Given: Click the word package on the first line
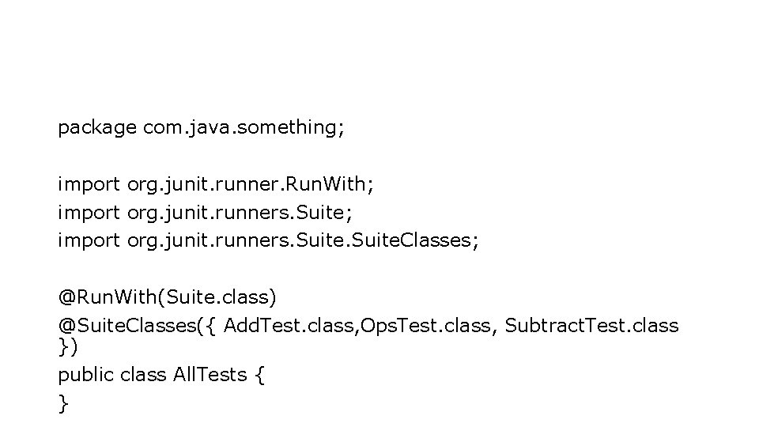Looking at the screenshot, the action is coord(96,127).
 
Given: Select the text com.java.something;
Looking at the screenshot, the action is coord(244,127).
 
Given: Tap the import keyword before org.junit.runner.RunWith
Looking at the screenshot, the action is coord(89,184).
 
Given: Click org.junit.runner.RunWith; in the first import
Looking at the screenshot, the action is coord(251,184).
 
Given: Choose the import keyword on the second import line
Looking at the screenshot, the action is coord(89,212).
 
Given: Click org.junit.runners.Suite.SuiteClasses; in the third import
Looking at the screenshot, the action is coord(303,240).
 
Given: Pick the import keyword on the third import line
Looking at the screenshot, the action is coord(89,240).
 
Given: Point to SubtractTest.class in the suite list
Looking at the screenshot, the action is coord(591,325).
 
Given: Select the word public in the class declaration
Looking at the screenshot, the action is coord(86,374).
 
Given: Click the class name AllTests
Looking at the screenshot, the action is coord(210,374).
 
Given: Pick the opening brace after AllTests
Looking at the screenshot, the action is coord(260,375).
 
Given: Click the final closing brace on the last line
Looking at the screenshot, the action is coord(62,403).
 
